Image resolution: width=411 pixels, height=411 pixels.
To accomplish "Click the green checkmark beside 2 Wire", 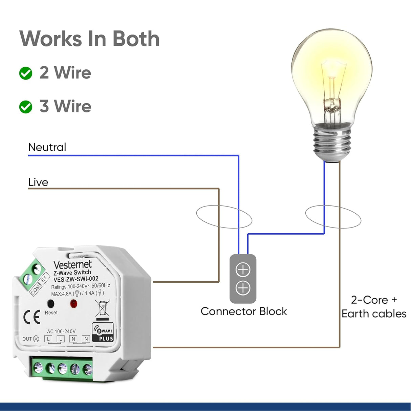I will click(26, 73).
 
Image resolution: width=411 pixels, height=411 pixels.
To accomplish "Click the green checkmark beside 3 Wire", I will click(26, 107).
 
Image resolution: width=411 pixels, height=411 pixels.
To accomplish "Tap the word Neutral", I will click(47, 147).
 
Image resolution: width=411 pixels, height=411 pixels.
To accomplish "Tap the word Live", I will click(38, 182).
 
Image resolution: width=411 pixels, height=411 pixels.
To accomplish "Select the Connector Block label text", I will click(243, 311).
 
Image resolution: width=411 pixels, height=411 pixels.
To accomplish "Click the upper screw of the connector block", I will click(243, 270).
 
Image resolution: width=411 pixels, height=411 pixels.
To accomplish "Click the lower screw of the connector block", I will click(243, 288).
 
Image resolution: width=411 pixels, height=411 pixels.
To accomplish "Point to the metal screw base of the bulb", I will click(331, 142).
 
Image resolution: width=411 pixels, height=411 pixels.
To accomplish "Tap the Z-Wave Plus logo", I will click(103, 332).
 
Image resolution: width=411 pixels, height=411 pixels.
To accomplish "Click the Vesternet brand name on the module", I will click(72, 264).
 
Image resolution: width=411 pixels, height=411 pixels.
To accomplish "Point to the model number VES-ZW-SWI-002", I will click(76, 279).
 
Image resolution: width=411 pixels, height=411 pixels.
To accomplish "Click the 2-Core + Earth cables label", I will click(374, 307).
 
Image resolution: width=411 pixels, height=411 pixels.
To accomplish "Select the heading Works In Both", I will click(89, 39).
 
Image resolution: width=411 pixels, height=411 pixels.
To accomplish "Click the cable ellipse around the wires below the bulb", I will click(333, 217).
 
